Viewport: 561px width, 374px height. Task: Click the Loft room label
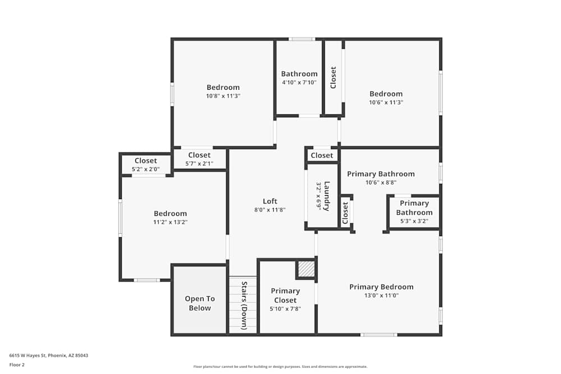click(x=270, y=201)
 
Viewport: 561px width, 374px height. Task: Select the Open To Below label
click(x=200, y=303)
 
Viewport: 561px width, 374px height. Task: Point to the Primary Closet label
click(x=285, y=295)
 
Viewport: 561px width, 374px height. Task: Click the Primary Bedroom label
click(x=381, y=287)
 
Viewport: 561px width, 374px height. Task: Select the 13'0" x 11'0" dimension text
click(x=381, y=295)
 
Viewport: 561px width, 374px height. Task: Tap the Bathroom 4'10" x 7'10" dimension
click(x=299, y=82)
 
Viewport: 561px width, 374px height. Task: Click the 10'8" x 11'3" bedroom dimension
click(x=223, y=96)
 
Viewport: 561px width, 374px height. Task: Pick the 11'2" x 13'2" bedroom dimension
click(x=170, y=222)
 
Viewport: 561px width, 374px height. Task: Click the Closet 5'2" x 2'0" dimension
click(x=145, y=169)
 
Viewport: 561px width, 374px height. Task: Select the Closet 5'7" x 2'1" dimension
click(x=199, y=164)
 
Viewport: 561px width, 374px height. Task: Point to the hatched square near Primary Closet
click(x=306, y=270)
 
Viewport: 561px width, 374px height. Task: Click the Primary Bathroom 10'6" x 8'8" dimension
click(x=381, y=182)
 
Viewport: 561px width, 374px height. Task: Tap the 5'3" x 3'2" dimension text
click(x=414, y=221)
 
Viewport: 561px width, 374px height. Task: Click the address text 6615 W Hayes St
click(x=49, y=355)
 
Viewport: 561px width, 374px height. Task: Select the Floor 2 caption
click(x=17, y=364)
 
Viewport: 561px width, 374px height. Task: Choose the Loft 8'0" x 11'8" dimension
click(x=270, y=210)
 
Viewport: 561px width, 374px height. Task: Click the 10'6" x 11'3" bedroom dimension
click(x=386, y=102)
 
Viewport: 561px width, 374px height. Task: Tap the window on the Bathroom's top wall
click(x=302, y=39)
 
